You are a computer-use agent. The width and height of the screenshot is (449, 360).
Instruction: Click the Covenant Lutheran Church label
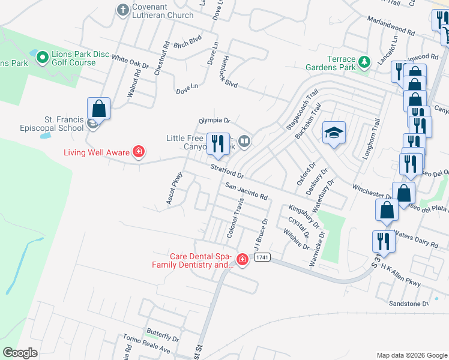(163, 10)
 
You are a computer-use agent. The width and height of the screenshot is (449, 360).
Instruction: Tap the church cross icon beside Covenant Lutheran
(123, 10)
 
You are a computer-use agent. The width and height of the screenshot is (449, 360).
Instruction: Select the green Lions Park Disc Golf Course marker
(42, 58)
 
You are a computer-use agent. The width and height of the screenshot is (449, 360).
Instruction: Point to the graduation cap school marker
(334, 133)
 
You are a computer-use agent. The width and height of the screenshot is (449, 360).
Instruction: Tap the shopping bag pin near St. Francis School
(99, 109)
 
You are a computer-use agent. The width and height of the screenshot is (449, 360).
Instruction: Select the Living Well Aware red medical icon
(139, 152)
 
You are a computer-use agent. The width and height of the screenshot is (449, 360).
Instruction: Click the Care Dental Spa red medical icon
(243, 260)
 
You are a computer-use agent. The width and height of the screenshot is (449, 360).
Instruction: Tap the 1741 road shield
(261, 257)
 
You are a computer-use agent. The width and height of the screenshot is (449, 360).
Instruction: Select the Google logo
(20, 353)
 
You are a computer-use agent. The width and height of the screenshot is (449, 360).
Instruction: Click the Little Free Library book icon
(244, 142)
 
